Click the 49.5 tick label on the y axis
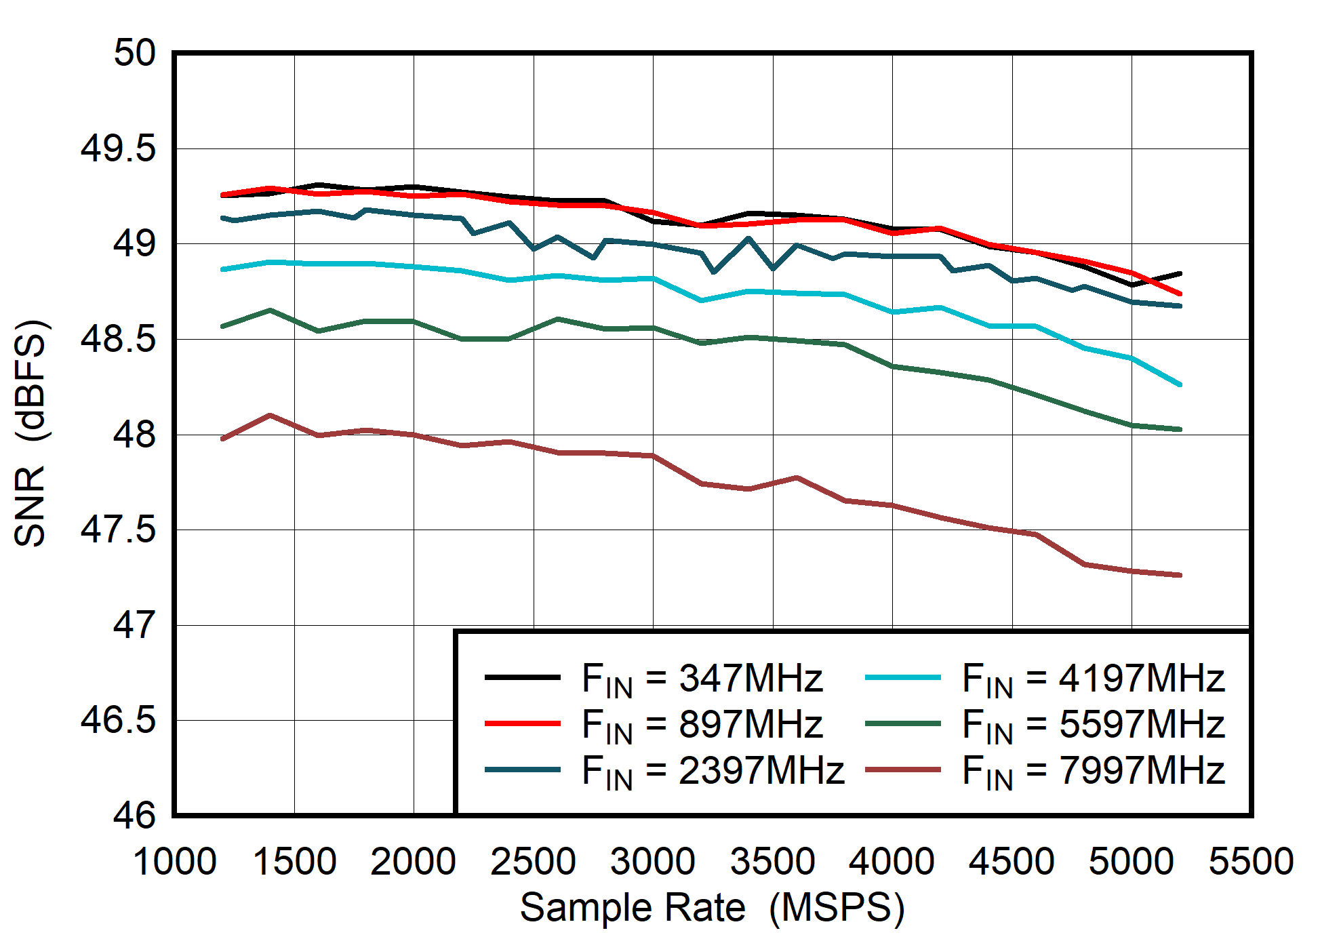[117, 148]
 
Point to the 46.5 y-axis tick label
[117, 720]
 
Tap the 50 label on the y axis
[134, 53]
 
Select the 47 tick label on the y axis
[134, 625]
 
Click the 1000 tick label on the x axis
[174, 862]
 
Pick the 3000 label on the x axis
[652, 862]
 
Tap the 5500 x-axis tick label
[1251, 862]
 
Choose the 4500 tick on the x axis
[1011, 862]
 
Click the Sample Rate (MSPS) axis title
[712, 907]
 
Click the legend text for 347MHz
[702, 678]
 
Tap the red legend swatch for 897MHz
[522, 724]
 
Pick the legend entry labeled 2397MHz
[712, 771]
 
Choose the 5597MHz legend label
[1093, 724]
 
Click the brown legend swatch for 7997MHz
[903, 770]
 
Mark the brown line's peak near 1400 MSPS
[271, 415]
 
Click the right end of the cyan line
[1180, 384]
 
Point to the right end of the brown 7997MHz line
[1180, 575]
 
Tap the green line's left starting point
[223, 326]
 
